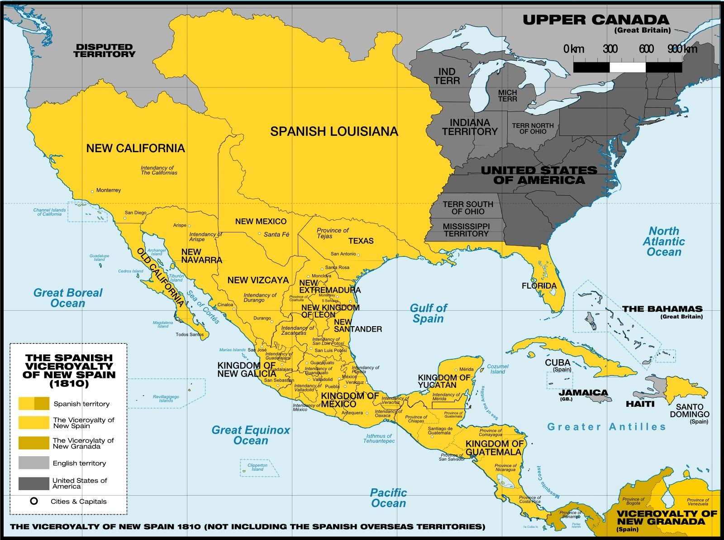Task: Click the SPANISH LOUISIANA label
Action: [334, 131]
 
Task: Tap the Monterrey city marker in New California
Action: [92, 192]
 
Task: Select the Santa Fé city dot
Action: [260, 234]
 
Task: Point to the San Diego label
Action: [135, 212]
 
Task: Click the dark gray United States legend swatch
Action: [33, 483]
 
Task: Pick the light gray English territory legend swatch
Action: [33, 463]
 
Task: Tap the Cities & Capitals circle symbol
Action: [34, 501]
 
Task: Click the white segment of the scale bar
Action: [627, 67]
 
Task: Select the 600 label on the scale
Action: [646, 49]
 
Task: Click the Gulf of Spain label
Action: [428, 313]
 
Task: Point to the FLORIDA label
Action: [539, 286]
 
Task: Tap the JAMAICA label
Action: [583, 392]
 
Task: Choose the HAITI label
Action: [640, 404]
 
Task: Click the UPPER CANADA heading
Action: [595, 20]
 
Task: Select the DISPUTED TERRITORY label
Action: [105, 50]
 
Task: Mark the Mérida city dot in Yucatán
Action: [457, 370]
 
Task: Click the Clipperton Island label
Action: [257, 467]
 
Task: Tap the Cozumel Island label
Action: [498, 369]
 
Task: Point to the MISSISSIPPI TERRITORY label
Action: [466, 230]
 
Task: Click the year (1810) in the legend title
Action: [69, 383]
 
